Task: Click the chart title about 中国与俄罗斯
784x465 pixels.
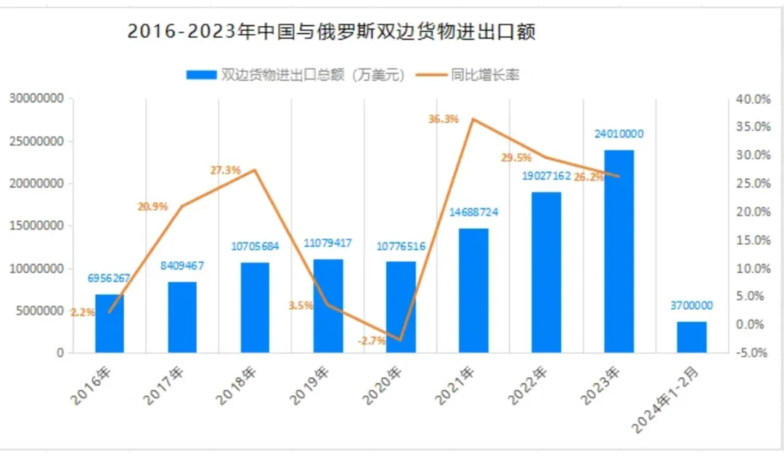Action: (331, 33)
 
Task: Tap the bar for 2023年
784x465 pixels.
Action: (618, 251)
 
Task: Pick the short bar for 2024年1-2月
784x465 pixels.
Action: (691, 337)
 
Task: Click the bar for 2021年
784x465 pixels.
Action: (473, 291)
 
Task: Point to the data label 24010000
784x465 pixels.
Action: (618, 134)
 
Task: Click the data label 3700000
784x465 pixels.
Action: (691, 306)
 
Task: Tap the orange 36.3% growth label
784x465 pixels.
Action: (444, 119)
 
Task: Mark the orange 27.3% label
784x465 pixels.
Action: (225, 170)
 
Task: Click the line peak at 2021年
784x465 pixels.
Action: (473, 119)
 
